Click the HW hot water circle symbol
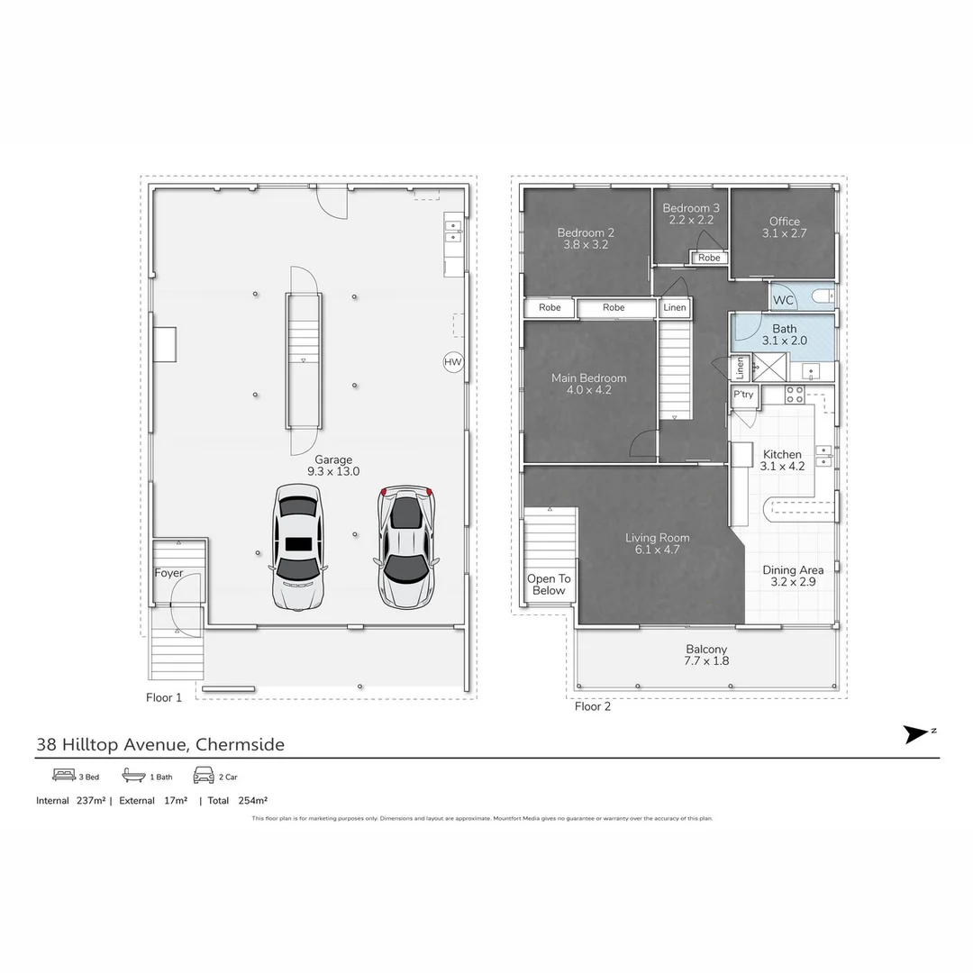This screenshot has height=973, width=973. (x=452, y=362)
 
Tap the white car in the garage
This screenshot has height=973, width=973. (x=297, y=546)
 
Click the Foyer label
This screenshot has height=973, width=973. (x=168, y=573)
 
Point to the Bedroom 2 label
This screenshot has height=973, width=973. (x=586, y=232)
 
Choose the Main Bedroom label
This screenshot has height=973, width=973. (x=589, y=378)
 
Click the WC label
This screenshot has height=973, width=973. (x=783, y=300)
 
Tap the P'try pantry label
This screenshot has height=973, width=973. (x=743, y=396)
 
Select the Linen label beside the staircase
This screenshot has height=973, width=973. (x=675, y=308)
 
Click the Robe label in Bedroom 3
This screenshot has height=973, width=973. (x=709, y=258)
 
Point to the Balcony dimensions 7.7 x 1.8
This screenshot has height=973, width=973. (x=706, y=661)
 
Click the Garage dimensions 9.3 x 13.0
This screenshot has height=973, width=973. (x=333, y=471)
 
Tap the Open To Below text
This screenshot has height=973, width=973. (x=549, y=585)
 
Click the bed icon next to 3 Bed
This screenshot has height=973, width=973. (x=63, y=776)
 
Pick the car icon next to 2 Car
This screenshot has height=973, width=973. (x=203, y=776)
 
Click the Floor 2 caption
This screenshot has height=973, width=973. (x=593, y=707)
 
